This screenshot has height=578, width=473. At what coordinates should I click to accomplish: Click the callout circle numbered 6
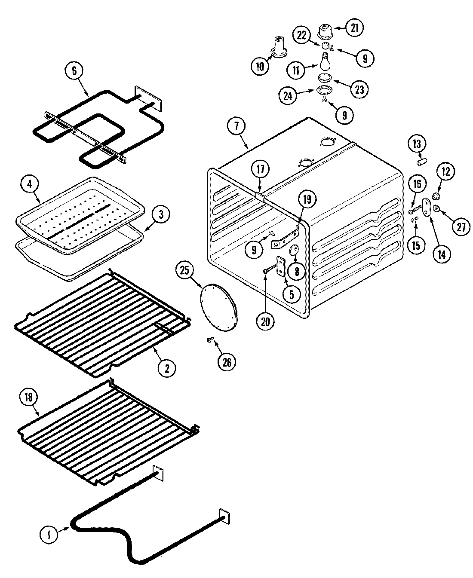pyautogui.click(x=74, y=70)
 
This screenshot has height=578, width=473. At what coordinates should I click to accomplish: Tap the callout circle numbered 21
pyautogui.click(x=354, y=28)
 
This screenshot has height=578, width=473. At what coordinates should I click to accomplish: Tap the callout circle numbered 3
pyautogui.click(x=160, y=215)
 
